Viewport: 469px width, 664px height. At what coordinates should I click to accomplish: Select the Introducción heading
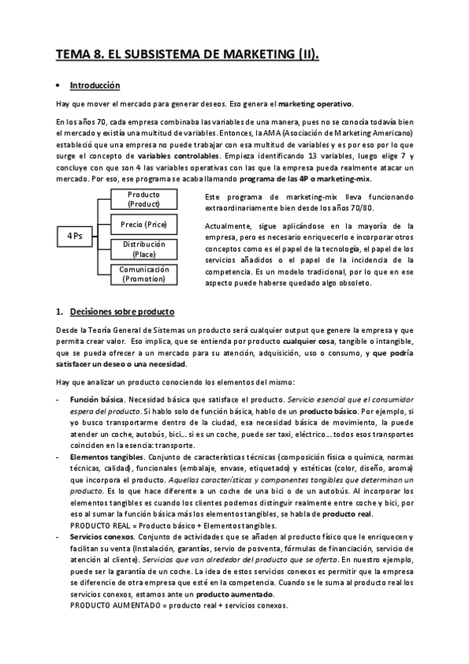(x=95, y=85)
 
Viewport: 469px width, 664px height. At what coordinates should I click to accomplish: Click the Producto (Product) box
(x=143, y=200)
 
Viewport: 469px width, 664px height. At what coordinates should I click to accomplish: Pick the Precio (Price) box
(x=143, y=225)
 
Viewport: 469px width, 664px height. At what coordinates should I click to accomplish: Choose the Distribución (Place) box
(x=143, y=249)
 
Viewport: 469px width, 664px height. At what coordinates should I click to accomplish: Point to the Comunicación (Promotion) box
(x=143, y=274)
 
